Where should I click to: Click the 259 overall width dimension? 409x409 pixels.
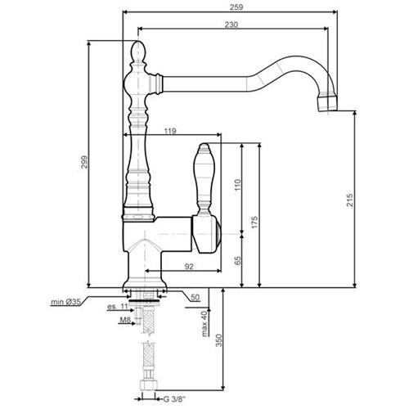[x=236, y=7]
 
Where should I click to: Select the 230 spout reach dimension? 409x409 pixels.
[x=231, y=25]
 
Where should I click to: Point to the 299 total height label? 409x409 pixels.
[x=84, y=162]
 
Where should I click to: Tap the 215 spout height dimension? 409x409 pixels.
[x=349, y=200]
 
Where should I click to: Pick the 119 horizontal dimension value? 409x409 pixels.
[x=170, y=131]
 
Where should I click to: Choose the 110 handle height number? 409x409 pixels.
[x=238, y=185]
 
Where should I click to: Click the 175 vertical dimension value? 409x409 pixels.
[x=254, y=222]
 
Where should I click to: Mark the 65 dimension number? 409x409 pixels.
[x=238, y=260]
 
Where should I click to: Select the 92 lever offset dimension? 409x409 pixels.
[x=189, y=267]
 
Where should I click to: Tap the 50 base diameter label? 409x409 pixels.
[x=195, y=297]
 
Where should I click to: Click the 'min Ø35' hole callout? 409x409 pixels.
[x=65, y=302]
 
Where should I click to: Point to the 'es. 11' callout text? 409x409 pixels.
[x=118, y=307]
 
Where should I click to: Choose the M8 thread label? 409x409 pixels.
[x=125, y=320]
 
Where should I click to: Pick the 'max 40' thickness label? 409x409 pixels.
[x=204, y=324]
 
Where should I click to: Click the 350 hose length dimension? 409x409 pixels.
[x=219, y=340]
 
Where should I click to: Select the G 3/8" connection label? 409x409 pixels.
[x=174, y=399]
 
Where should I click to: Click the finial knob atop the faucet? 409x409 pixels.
[x=139, y=52]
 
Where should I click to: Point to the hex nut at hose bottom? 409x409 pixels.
[x=149, y=385]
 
